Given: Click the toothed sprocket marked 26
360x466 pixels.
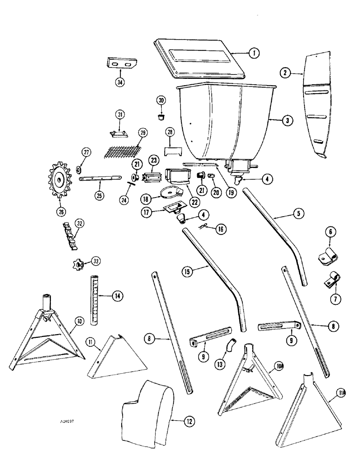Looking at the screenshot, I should [62, 179].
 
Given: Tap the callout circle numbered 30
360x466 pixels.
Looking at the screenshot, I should [161, 101].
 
